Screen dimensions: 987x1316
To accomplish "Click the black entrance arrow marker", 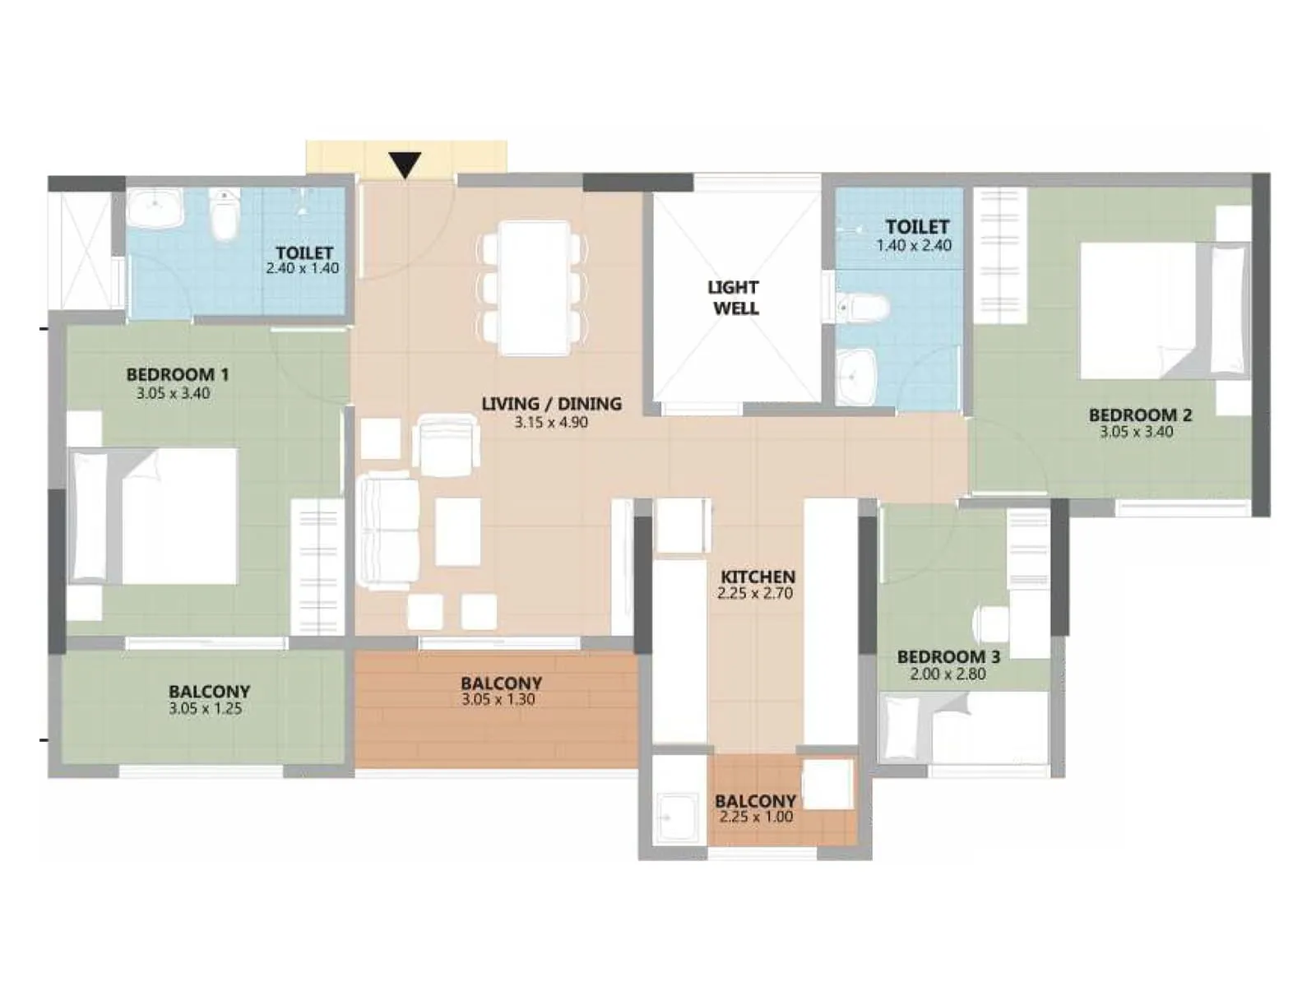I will coord(405,164).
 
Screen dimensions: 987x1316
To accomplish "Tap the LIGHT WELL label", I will coord(734,298).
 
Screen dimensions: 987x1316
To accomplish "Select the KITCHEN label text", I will coord(758,577).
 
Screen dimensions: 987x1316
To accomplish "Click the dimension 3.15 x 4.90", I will coord(551,423).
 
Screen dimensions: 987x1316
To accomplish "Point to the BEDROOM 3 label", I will coord(948,656).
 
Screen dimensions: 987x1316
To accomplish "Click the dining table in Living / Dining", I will coord(535,288).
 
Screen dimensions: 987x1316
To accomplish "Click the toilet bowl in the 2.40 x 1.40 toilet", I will coord(224,215).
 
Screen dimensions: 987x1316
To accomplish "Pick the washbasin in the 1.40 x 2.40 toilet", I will coord(857,377).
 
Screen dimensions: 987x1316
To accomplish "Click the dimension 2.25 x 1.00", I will coord(756,818).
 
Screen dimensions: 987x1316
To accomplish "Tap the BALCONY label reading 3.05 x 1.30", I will coord(501,683).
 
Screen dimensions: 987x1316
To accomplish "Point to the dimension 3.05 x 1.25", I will coord(206,709).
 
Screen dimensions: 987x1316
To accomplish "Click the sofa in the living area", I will coord(388,531).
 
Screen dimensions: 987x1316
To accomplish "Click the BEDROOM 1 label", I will coord(178,374).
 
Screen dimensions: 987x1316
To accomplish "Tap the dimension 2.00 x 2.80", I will coord(948,674).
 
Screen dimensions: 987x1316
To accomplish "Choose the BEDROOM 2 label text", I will coord(1139,415).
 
